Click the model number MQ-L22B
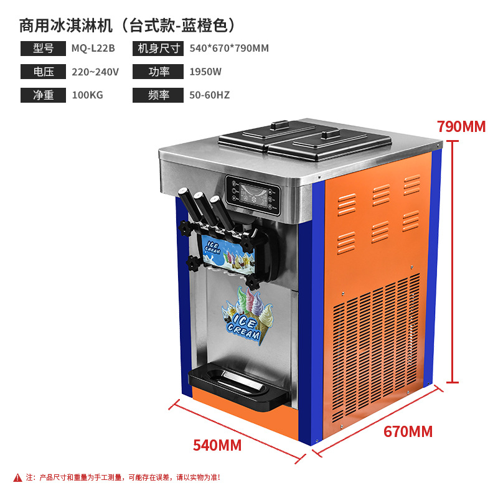click(x=93, y=49)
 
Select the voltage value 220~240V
click(x=95, y=72)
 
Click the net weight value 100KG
click(x=87, y=95)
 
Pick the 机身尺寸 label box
click(x=158, y=49)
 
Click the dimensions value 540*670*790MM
click(x=229, y=49)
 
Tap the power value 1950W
click(x=205, y=72)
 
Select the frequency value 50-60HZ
click(x=210, y=95)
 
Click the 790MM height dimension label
click(x=461, y=126)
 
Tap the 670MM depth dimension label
click(x=408, y=431)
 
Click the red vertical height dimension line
click(x=455, y=261)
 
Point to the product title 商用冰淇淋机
click(x=65, y=26)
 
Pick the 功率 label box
click(x=158, y=72)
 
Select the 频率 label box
click(x=158, y=95)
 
